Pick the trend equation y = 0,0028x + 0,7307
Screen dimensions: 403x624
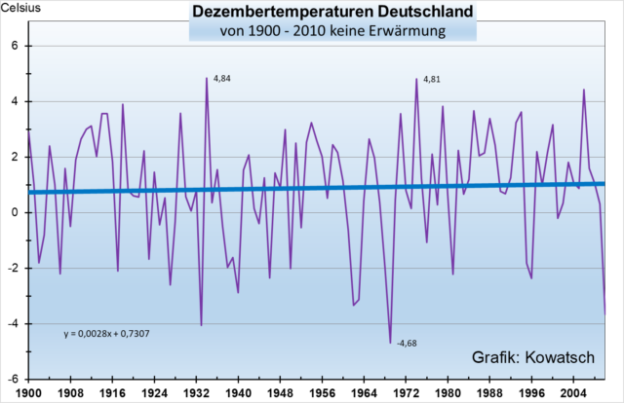pyautogui.click(x=105, y=334)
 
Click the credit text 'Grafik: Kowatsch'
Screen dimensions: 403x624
pyautogui.click(x=532, y=355)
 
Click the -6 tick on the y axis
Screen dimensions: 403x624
pyautogui.click(x=15, y=379)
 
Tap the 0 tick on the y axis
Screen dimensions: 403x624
pyautogui.click(x=18, y=212)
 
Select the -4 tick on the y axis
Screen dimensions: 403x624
pyautogui.click(x=15, y=323)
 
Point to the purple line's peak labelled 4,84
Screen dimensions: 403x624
pyautogui.click(x=207, y=78)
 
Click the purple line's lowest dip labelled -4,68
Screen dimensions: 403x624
pyautogui.click(x=390, y=343)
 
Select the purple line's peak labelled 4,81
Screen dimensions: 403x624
pyautogui.click(x=416, y=79)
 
